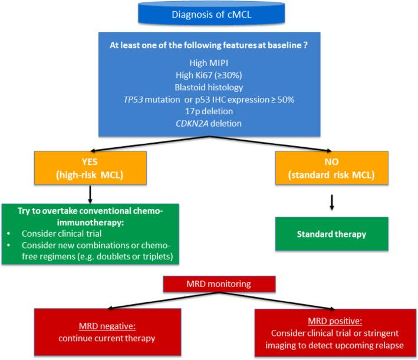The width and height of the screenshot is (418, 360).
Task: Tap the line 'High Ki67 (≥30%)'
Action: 209,74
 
